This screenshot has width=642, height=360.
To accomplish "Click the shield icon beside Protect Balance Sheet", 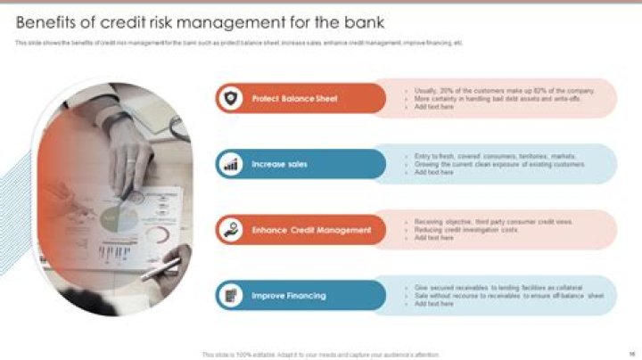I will coord(231,99).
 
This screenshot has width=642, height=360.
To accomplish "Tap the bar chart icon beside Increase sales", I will coord(231,165).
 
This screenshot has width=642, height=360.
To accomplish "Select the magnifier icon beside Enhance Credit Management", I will coord(231,230).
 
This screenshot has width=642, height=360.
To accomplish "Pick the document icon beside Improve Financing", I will coord(231,296).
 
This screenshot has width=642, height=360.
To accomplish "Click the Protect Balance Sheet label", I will coord(294,99).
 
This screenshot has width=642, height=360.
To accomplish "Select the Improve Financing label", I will coord(288,296).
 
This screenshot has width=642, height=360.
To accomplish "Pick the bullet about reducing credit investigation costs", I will coord(465,230).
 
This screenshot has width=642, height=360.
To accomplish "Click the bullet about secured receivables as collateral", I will coord(498,288).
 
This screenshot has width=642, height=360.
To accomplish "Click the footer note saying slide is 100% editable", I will coord(320,354).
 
